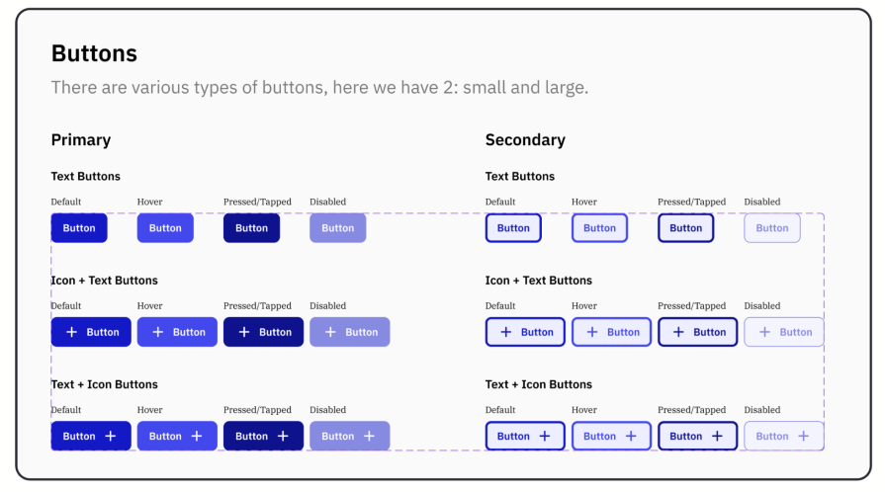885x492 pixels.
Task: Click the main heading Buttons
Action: (94, 53)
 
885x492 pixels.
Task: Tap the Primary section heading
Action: (81, 140)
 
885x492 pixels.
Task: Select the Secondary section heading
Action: (525, 140)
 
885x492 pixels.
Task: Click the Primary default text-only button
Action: (79, 228)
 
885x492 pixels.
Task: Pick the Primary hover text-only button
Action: (165, 228)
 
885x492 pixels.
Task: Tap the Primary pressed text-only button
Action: (251, 228)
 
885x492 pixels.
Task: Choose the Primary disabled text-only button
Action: (337, 228)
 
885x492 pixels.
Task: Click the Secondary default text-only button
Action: (513, 228)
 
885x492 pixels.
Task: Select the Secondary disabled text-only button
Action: (772, 228)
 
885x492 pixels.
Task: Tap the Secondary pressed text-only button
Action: (685, 228)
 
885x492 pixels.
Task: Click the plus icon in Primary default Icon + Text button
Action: (71, 332)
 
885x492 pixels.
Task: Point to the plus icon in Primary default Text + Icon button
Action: (111, 436)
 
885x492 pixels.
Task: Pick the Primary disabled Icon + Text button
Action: (349, 332)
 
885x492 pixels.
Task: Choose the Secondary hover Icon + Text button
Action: (611, 332)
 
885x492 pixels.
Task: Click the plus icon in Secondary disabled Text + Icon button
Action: (804, 436)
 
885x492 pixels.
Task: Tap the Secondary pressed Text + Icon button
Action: (697, 436)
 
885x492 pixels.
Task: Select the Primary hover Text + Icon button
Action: (177, 436)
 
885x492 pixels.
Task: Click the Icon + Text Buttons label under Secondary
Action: (539, 281)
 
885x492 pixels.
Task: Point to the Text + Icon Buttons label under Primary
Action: (105, 384)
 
